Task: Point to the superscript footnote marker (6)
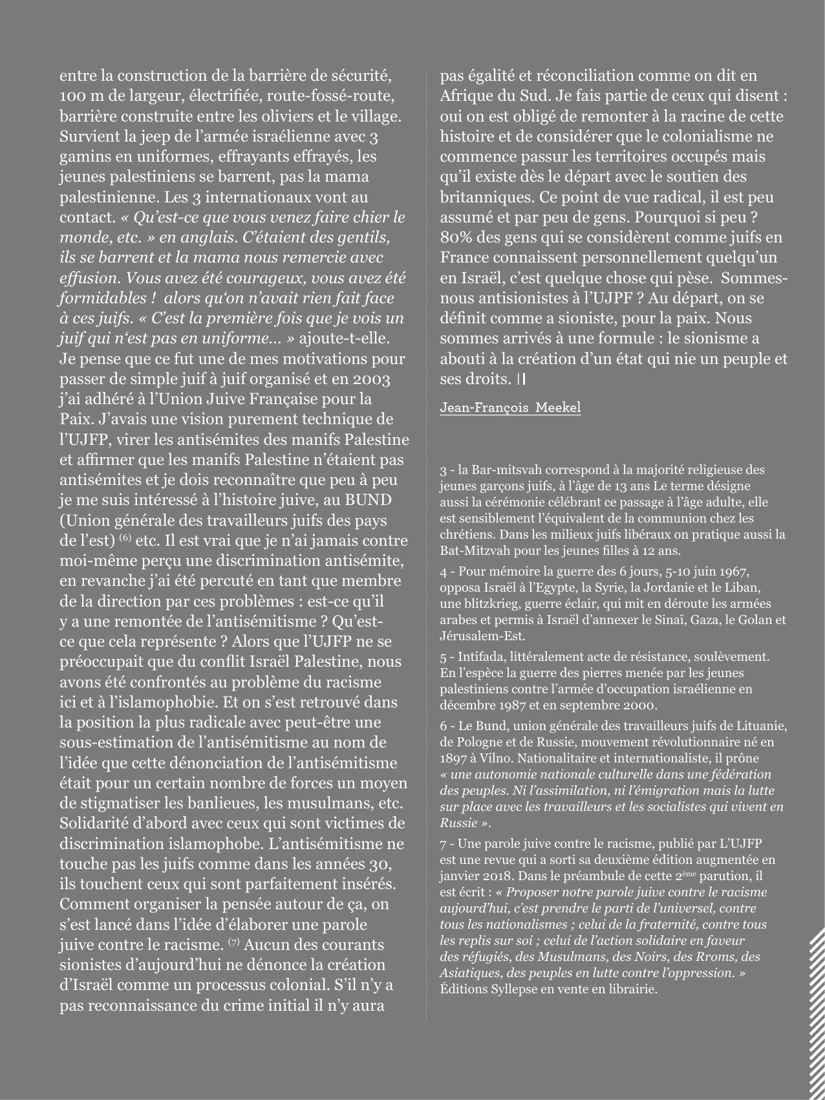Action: click(125, 518)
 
